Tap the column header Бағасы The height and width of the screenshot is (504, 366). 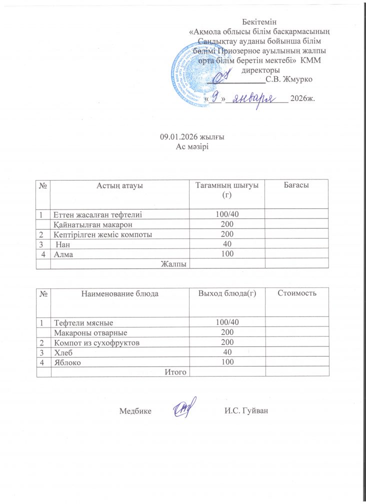point(296,185)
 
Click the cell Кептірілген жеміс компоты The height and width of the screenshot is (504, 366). point(103,234)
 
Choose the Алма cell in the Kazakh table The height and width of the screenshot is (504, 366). point(62,253)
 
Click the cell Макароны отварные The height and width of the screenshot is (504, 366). point(90,332)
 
